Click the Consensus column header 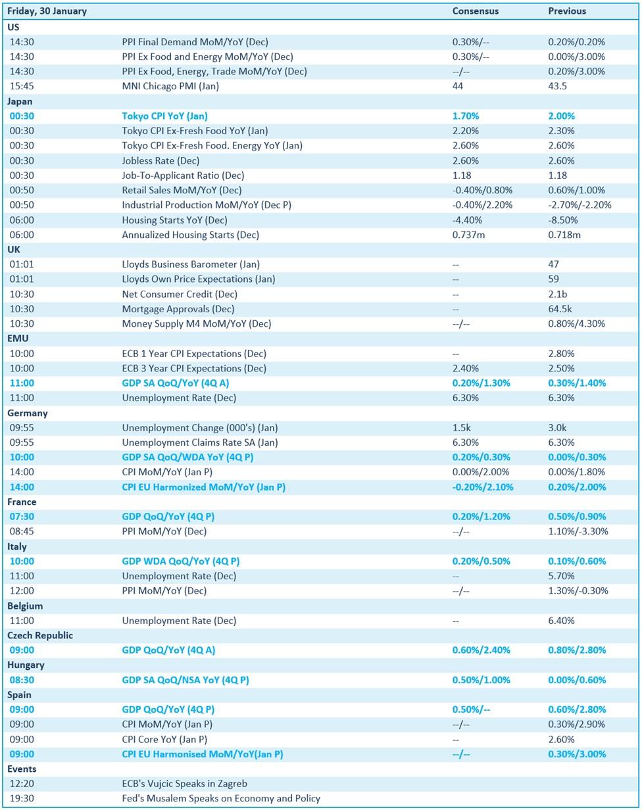point(475,11)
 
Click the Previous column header point(566,11)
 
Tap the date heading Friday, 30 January point(47,11)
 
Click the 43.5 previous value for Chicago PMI point(557,86)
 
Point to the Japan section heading point(20,101)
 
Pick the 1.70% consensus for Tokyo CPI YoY point(466,116)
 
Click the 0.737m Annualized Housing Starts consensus point(468,235)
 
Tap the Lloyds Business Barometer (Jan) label point(191,264)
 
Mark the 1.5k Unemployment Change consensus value point(461,428)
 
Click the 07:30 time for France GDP point(22,517)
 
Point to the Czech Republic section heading point(40,636)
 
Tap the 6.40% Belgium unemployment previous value point(561,621)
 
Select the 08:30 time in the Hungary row point(22,680)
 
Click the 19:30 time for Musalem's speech point(22,798)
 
